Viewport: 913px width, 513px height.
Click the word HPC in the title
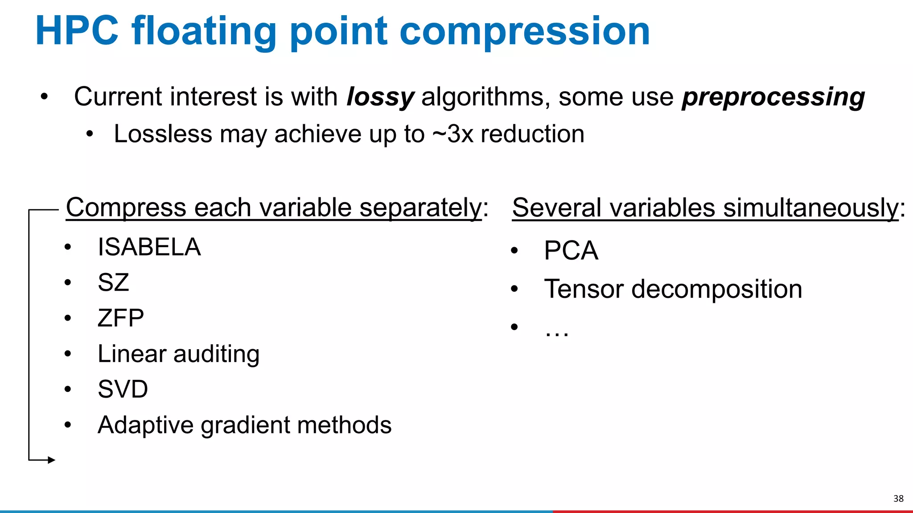77,31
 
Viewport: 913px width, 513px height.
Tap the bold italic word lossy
380,97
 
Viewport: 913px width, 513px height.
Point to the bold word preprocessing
773,97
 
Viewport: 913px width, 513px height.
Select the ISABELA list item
149,247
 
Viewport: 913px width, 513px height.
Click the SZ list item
113,282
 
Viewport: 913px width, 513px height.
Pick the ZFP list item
120,318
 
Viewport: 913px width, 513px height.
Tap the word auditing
216,354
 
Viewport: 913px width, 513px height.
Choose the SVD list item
123,389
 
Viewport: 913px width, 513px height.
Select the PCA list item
571,250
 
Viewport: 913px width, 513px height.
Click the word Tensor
583,289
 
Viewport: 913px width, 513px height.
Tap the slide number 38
898,498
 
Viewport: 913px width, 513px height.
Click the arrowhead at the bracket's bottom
51,460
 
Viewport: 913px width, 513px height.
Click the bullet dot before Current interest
44,97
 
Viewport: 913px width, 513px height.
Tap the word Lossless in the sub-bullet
163,134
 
